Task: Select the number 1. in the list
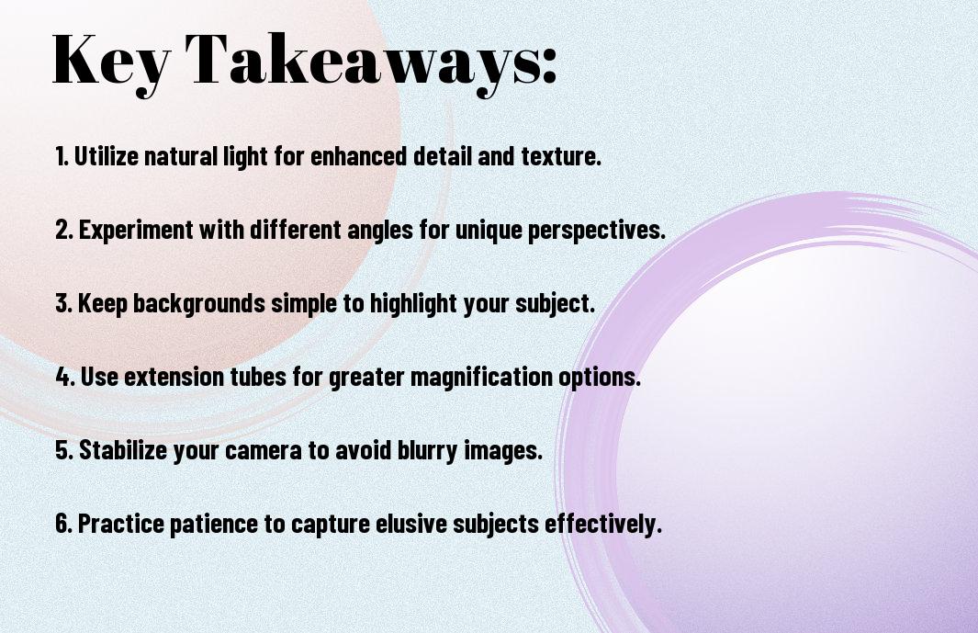[x=62, y=156]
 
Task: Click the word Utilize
[x=106, y=156]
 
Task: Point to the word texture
[x=564, y=156]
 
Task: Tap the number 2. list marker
[x=64, y=230]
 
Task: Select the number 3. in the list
[x=64, y=303]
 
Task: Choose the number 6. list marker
[x=64, y=524]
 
